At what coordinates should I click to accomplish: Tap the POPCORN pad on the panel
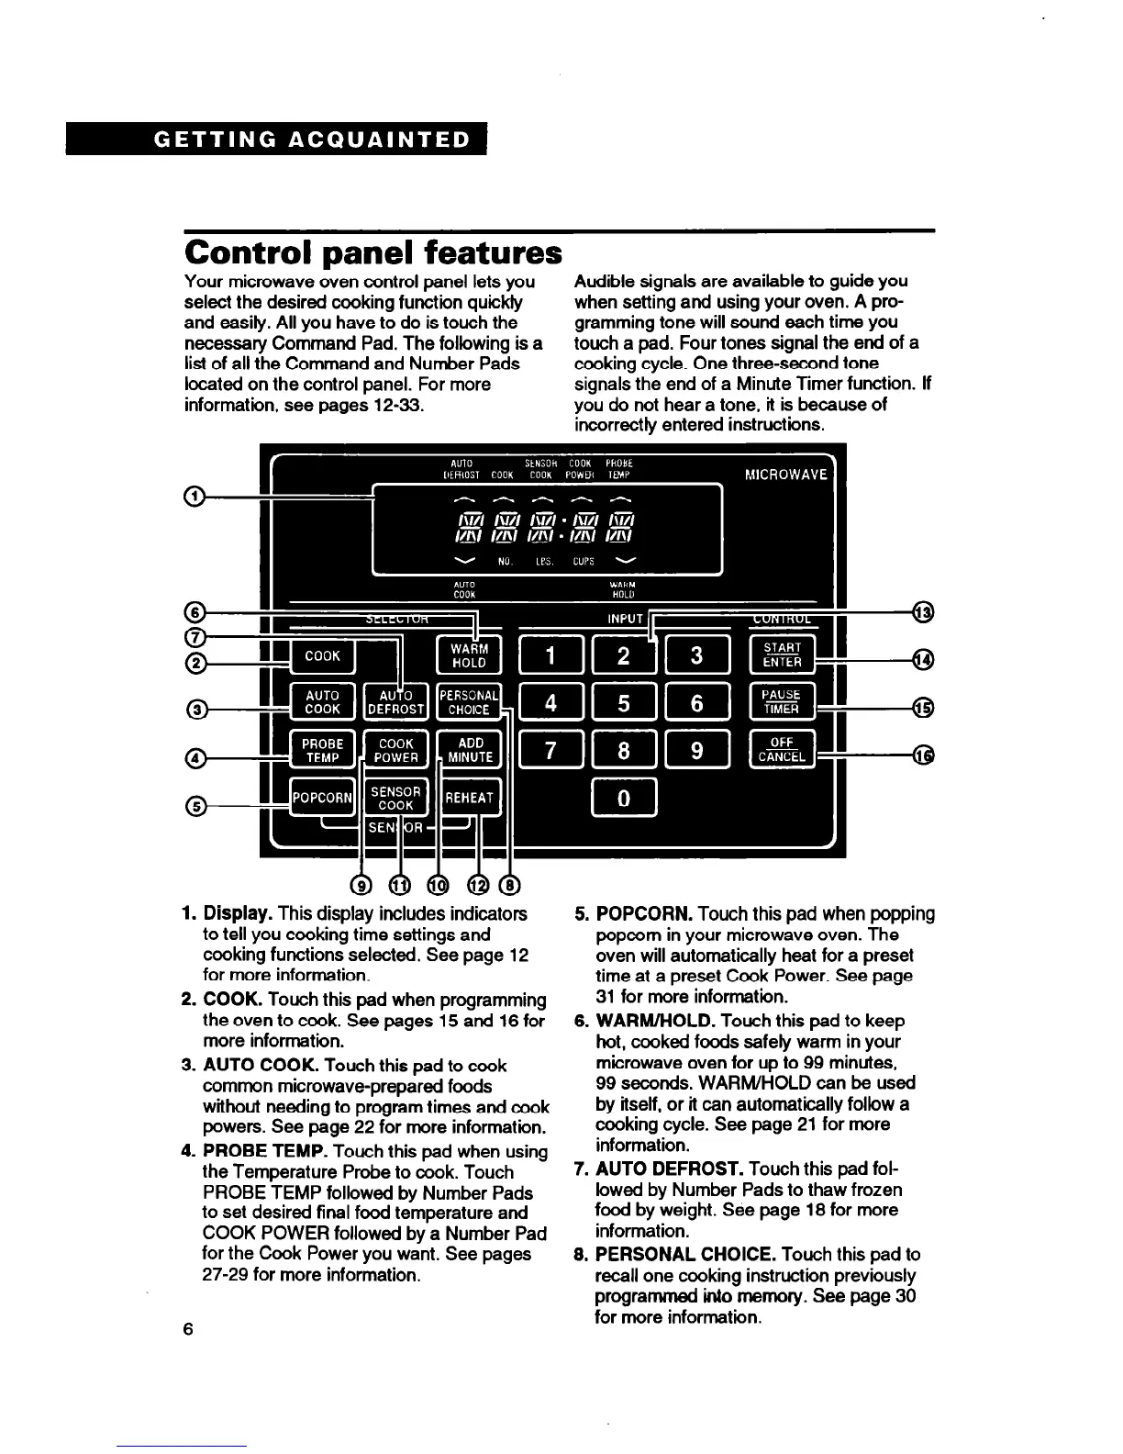click(321, 798)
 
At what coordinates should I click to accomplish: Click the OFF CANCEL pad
click(781, 750)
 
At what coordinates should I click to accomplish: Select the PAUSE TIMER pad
click(781, 702)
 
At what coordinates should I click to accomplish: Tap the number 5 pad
click(624, 703)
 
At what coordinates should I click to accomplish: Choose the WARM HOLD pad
click(469, 655)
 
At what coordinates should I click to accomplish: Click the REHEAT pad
click(469, 798)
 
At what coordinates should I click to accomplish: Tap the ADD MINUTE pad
click(470, 750)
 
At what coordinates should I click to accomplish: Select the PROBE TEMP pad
click(323, 750)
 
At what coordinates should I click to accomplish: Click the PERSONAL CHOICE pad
click(469, 702)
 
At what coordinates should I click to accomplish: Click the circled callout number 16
click(924, 755)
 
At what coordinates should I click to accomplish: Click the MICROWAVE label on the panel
click(785, 475)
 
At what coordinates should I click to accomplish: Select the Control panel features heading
click(372, 252)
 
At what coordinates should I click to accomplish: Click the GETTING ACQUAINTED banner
click(276, 140)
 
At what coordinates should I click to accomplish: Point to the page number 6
click(188, 1329)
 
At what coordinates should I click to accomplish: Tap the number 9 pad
click(697, 751)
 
